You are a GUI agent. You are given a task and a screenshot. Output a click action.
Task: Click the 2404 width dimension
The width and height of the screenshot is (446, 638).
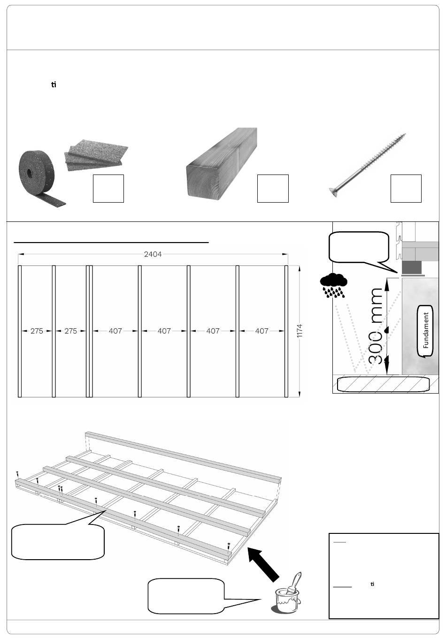[x=153, y=254]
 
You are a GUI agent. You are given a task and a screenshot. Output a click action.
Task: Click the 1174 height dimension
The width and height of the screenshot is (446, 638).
[x=300, y=331]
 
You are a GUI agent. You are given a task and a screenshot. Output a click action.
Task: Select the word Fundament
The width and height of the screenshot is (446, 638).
[x=426, y=330]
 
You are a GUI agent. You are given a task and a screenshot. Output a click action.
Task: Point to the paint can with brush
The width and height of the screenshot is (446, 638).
[x=288, y=593]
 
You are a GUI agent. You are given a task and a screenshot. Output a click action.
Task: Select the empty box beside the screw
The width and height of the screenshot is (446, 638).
[x=406, y=189]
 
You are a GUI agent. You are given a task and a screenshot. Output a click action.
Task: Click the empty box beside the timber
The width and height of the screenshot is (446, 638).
[x=273, y=189]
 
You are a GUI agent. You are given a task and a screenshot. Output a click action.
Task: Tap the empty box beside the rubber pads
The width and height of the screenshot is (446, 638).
[x=108, y=189]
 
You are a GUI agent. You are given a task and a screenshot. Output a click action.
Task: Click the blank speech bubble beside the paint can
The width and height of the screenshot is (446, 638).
[x=186, y=596]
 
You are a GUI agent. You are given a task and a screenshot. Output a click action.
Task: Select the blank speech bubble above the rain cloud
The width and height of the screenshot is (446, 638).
[x=359, y=246]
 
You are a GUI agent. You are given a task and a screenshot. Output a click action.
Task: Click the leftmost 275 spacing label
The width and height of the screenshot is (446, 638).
[x=37, y=331]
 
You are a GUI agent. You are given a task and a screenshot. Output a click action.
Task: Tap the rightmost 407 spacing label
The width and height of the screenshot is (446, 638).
[x=261, y=331]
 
